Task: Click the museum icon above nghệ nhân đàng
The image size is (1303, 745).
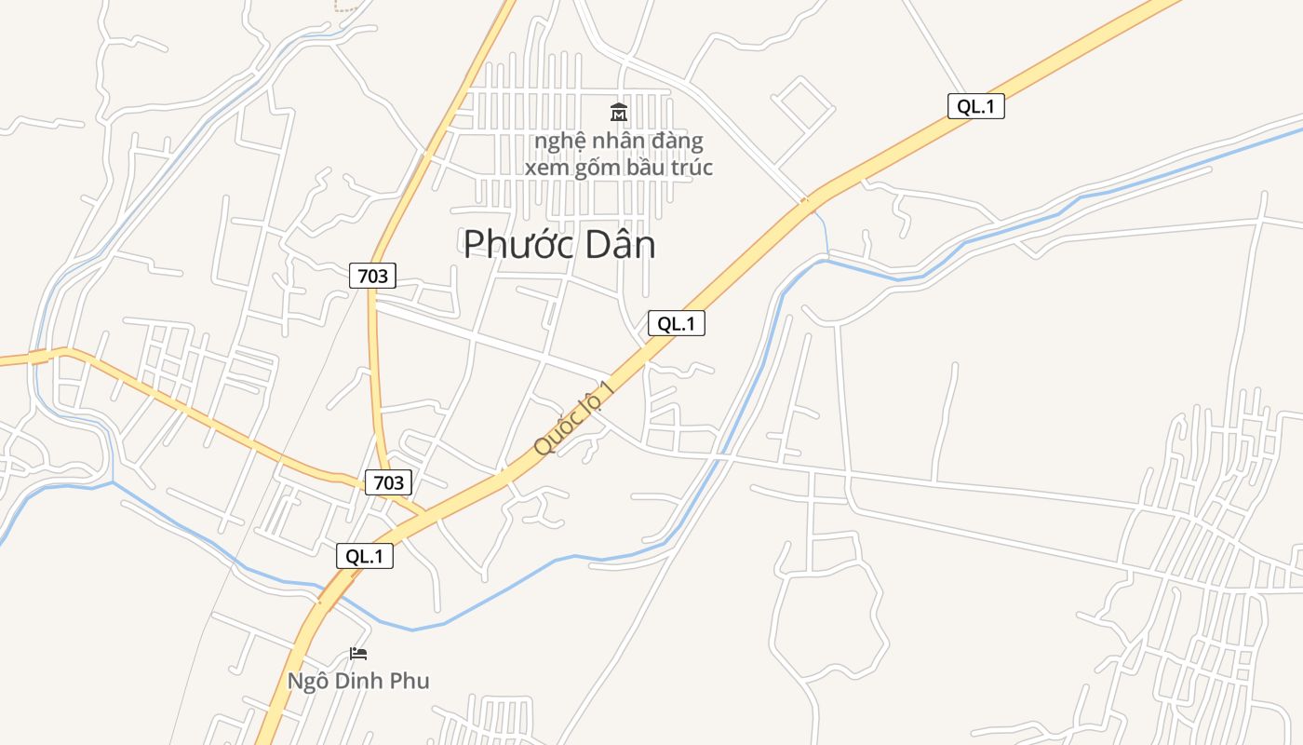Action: [x=619, y=113]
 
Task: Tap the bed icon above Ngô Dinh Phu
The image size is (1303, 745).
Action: [x=358, y=654]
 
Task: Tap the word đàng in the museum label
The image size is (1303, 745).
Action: [x=678, y=142]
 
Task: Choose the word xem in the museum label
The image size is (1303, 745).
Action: [x=545, y=168]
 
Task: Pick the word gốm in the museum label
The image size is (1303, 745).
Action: [x=598, y=168]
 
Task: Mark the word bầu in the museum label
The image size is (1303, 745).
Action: [x=650, y=168]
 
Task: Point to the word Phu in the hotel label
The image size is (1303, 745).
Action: [x=410, y=681]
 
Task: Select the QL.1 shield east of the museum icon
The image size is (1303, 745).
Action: [x=976, y=106]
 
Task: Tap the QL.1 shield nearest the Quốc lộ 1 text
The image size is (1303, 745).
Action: [x=677, y=323]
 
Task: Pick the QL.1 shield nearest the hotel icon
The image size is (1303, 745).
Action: [x=365, y=556]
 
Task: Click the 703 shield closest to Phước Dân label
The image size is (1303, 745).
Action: [x=373, y=275]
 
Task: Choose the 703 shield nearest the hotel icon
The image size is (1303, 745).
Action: [x=388, y=481]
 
